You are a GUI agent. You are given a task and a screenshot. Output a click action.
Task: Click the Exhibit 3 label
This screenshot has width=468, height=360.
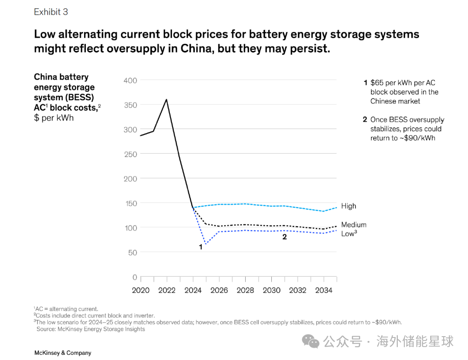point(51,12)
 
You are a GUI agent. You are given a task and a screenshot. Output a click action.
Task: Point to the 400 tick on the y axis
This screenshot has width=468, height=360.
point(130,81)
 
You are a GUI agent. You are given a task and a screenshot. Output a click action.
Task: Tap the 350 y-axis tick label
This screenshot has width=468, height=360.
point(130,105)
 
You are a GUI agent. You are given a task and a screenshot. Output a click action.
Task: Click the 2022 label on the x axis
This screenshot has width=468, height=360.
point(167,290)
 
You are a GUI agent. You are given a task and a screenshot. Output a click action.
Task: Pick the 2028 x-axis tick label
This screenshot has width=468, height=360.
point(245,290)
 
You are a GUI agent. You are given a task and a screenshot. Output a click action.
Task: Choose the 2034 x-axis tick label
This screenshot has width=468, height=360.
point(323,290)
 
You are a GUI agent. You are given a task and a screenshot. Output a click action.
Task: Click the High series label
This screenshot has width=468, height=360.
point(348,206)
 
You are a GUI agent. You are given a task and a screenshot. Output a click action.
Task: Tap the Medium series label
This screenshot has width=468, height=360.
point(354,225)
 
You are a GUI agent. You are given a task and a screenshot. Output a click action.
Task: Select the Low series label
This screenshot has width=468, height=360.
point(348,234)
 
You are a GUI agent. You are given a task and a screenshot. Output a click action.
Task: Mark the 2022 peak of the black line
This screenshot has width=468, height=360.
point(167,100)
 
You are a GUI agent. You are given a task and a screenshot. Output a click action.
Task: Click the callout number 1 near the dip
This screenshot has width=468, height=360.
point(201,246)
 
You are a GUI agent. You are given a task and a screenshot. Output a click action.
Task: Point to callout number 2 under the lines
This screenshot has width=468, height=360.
point(285,237)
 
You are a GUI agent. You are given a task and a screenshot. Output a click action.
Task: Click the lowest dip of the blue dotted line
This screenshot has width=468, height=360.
point(205,244)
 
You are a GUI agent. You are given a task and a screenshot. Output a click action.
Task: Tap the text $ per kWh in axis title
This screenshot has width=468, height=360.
point(54,118)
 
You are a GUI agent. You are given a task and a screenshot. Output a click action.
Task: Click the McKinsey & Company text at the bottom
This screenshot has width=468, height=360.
point(63,353)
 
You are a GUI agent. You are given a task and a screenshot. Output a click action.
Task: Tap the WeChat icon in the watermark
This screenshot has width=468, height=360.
point(311,341)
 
